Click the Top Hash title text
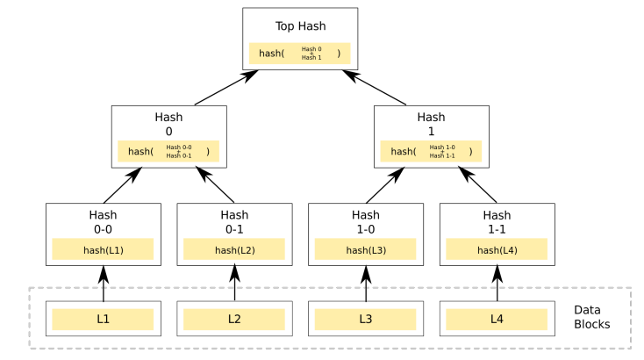coord(300,26)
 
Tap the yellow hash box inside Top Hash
coord(300,54)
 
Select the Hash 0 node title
coord(168,124)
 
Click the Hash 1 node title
coord(431,124)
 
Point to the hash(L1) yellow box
coord(103,250)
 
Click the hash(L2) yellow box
coord(234,250)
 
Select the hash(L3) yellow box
coord(366,250)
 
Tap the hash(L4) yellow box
coord(497,250)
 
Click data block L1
coord(103,319)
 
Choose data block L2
coord(234,319)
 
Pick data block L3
coord(366,319)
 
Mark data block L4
coord(497,319)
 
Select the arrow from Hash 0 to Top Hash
coord(224,89)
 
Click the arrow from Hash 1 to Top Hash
coord(377,89)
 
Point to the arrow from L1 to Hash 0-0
coord(103,284)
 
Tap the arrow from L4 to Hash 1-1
coord(497,284)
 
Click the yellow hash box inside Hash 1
coord(431,151)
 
